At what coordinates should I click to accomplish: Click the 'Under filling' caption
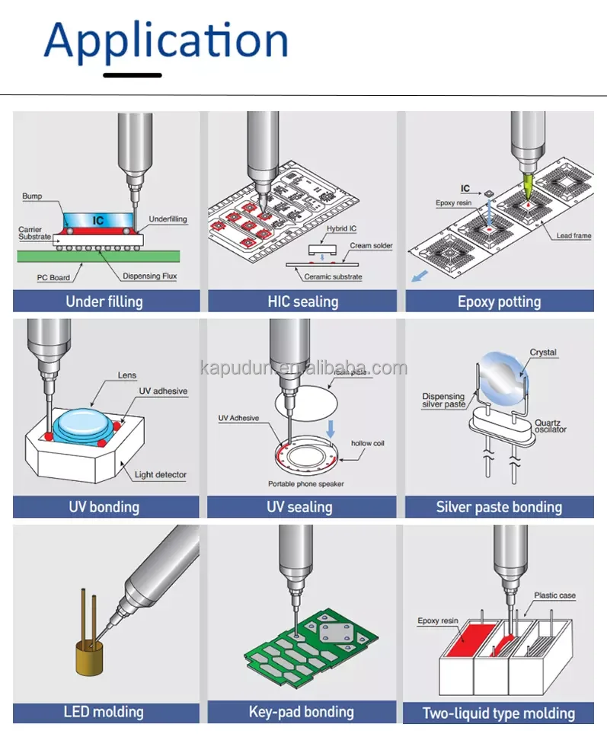point(104,301)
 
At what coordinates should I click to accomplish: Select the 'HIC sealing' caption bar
point(302,301)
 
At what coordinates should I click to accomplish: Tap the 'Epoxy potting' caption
point(499,301)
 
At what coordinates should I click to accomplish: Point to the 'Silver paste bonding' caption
point(499,507)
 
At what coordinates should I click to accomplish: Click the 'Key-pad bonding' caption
point(302,712)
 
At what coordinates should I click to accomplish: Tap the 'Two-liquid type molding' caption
point(499,713)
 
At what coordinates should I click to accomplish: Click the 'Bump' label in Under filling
point(32,196)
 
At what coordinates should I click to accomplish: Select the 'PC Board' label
point(53,277)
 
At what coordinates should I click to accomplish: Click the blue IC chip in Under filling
point(97,221)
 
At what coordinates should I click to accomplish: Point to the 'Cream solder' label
point(371,247)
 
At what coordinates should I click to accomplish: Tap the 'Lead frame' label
point(573,236)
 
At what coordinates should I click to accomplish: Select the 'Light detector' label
point(160,475)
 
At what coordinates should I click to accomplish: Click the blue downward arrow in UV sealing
point(331,429)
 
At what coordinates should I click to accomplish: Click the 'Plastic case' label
point(554,595)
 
